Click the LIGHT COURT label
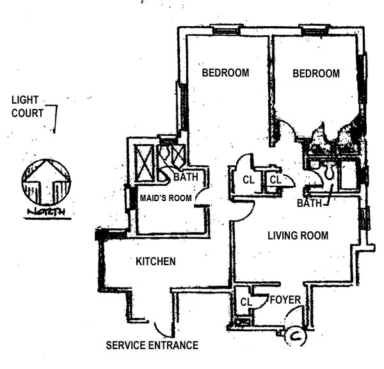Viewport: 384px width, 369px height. point(27,107)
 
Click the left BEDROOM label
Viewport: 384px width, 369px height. point(225,73)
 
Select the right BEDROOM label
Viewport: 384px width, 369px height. point(316,74)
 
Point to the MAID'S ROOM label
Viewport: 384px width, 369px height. point(166,198)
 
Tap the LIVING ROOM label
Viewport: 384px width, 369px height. point(298,236)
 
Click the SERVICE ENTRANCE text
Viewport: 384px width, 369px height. point(152,345)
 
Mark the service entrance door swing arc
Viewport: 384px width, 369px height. point(162,328)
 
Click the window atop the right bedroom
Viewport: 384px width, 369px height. point(314,29)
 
